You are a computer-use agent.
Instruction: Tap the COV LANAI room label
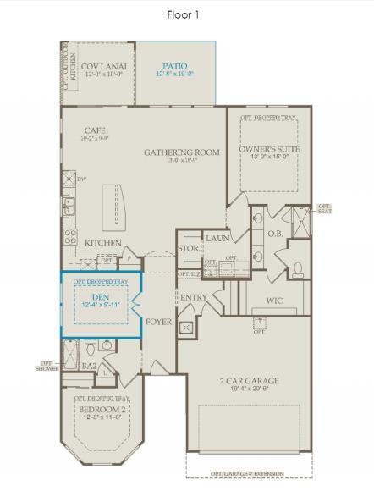[x=104, y=66]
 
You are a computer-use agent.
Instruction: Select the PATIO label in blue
[x=176, y=66]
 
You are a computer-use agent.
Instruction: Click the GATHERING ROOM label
[x=181, y=152]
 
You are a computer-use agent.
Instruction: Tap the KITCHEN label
[x=103, y=244]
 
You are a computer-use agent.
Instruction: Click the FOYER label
[x=158, y=322]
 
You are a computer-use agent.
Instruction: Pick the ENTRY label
[x=195, y=297]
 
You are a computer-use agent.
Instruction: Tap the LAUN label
[x=217, y=239]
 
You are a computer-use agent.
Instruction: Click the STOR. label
[x=188, y=249]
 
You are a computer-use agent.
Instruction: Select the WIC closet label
[x=273, y=300]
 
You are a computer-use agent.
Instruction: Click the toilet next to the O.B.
[x=298, y=270]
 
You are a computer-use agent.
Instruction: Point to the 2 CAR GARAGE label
[x=250, y=381]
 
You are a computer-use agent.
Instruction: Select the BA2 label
[x=87, y=366]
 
